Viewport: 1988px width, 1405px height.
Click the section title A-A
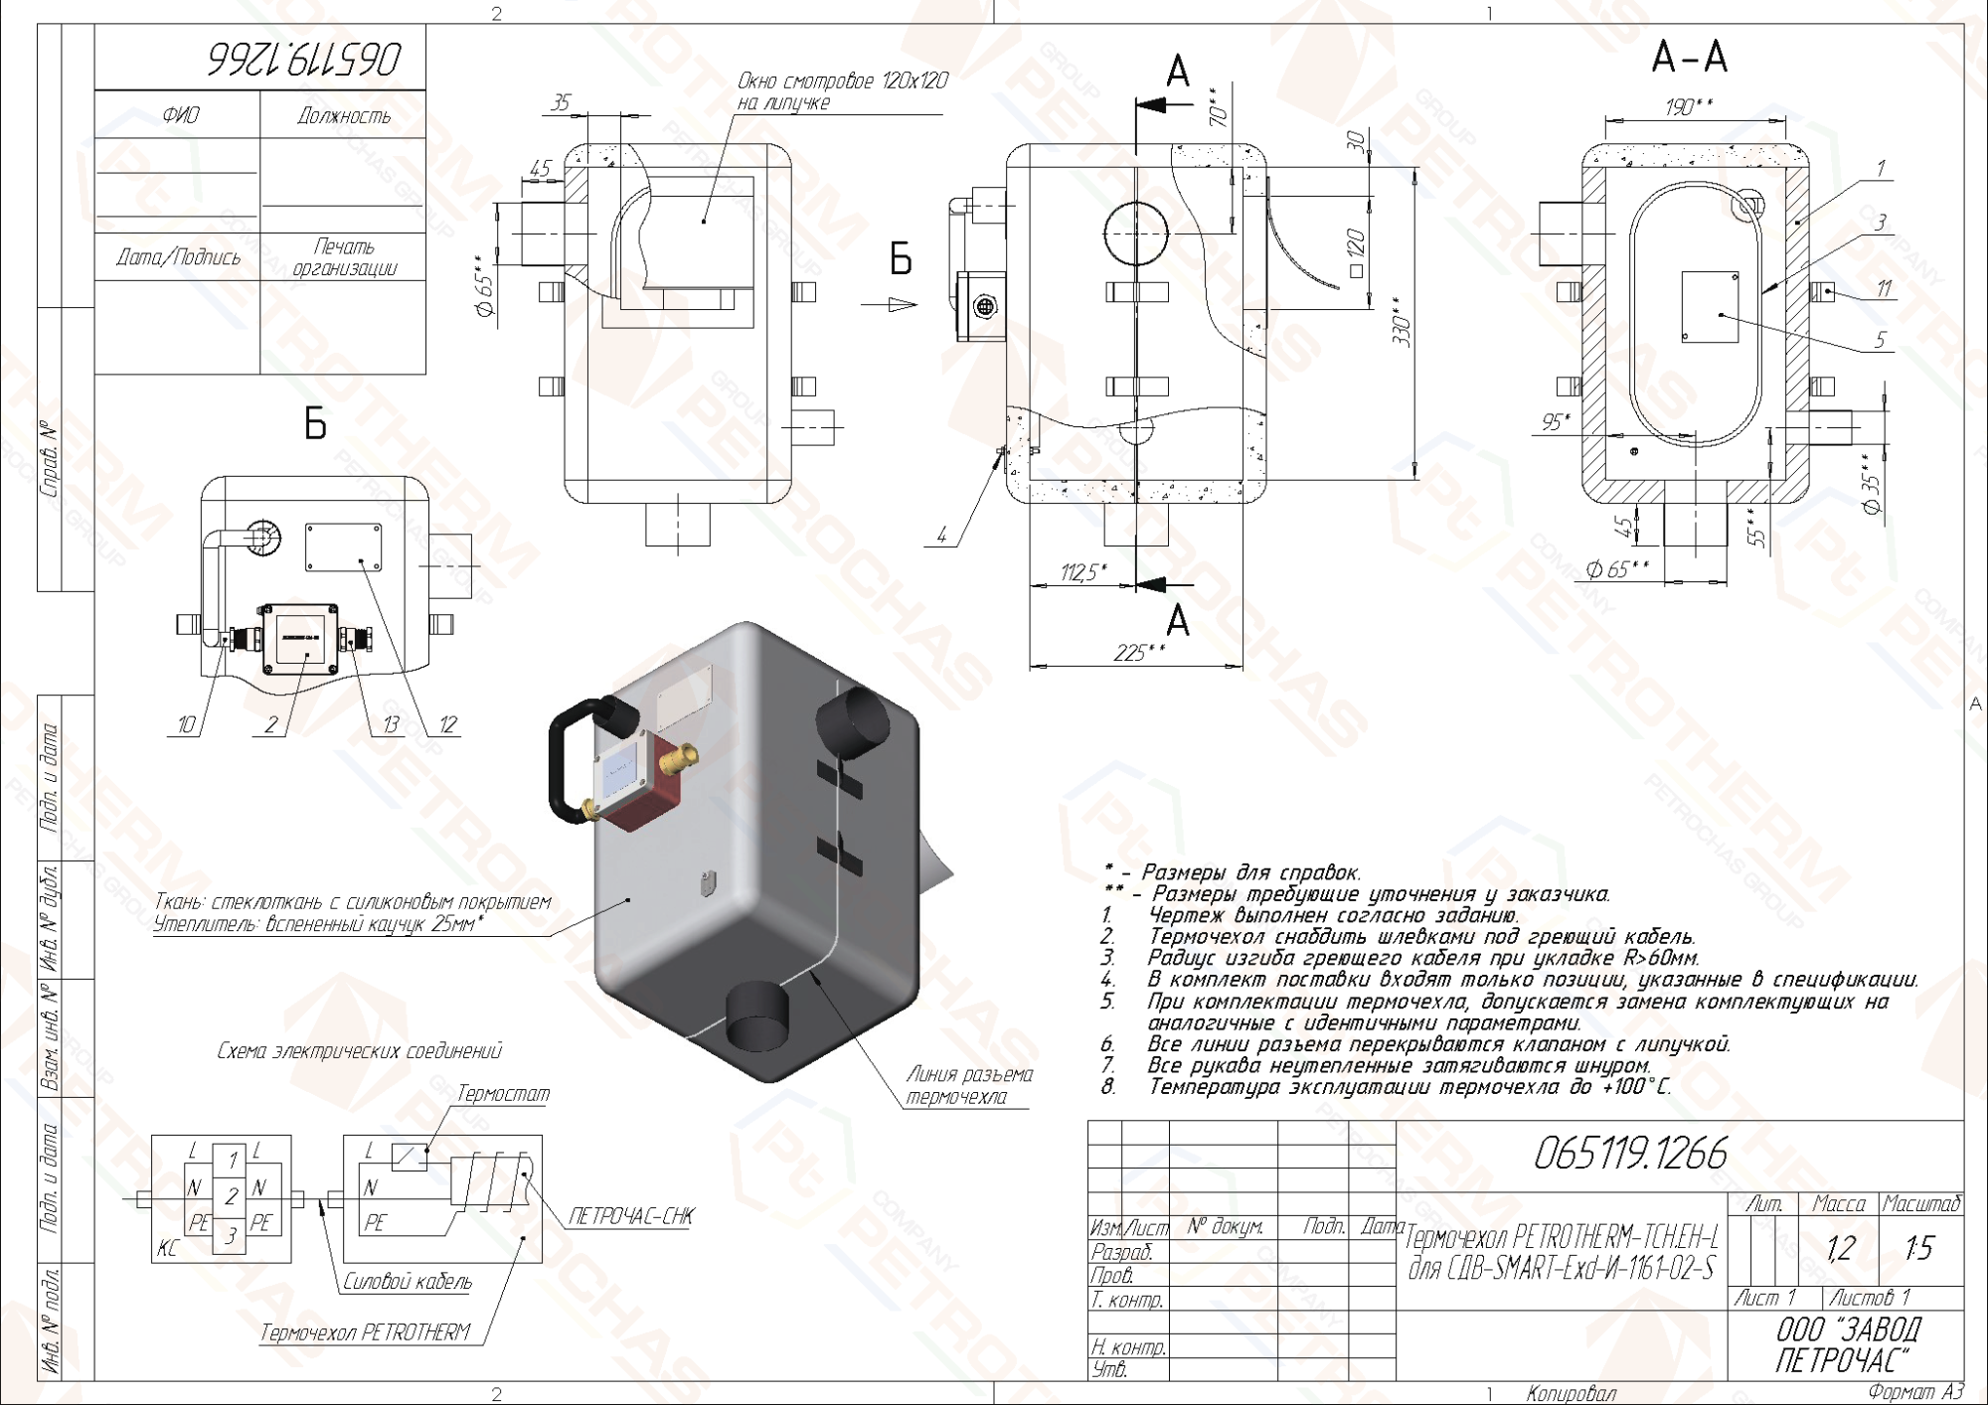(1689, 57)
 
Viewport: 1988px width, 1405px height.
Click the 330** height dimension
(1403, 320)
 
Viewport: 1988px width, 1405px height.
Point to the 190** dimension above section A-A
(1689, 106)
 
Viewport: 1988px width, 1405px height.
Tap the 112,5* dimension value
(1082, 572)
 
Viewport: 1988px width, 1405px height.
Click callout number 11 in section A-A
(1884, 289)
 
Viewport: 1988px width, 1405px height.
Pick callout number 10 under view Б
(186, 725)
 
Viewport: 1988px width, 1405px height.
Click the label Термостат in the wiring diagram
(503, 1094)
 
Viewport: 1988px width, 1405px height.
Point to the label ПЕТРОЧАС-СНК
(631, 1216)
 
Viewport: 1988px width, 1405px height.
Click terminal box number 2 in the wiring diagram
(231, 1196)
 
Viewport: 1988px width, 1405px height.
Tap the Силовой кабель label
(408, 1282)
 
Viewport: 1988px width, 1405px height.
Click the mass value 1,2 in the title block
(1840, 1248)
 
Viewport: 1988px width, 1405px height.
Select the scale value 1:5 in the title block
(1919, 1248)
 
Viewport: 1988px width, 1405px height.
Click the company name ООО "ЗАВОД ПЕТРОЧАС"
(1847, 1344)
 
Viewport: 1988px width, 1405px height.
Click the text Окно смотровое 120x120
(842, 81)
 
